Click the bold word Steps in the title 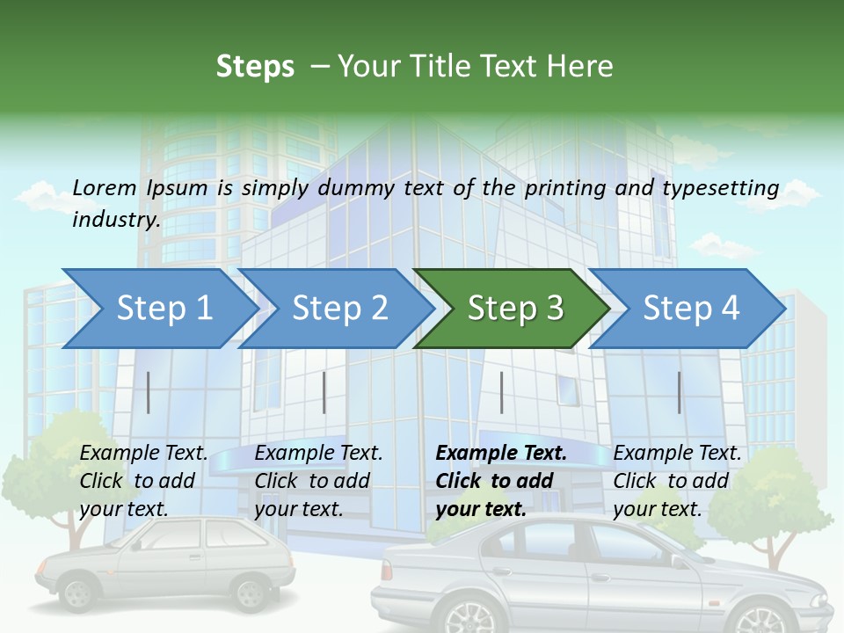(255, 67)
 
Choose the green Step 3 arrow (513, 309)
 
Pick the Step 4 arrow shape (689, 309)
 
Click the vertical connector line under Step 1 (148, 392)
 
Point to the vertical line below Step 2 (324, 392)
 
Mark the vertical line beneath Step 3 (501, 392)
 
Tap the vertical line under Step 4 (679, 392)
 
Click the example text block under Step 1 (143, 481)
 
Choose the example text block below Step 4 (677, 481)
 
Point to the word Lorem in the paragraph (105, 187)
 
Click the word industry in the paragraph (115, 219)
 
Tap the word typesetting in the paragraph (720, 188)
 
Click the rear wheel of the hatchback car (77, 593)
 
